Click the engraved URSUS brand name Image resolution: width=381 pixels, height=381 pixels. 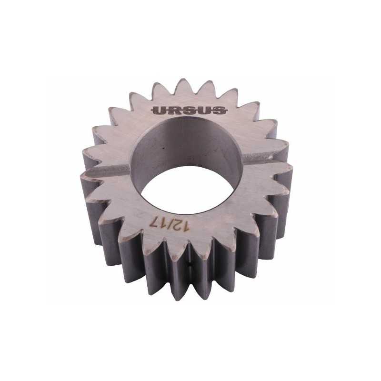click(189, 110)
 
